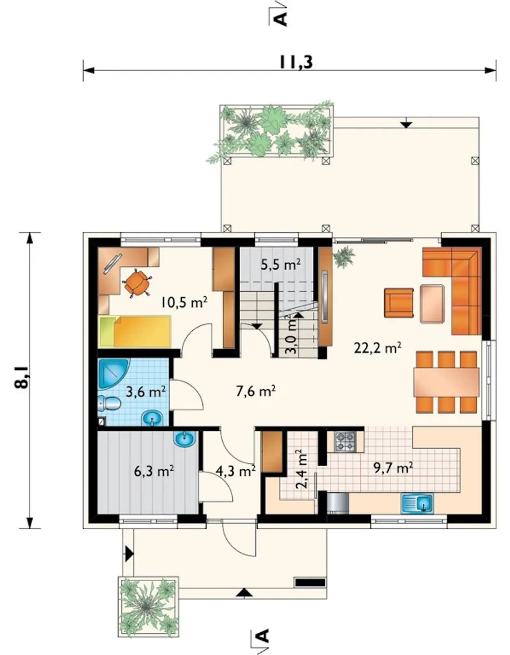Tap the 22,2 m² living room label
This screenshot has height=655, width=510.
377,348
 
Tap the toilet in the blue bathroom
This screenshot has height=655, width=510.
109,403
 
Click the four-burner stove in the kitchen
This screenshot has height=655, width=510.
345,442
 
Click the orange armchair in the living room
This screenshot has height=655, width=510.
398,303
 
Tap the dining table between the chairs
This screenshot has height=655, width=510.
446,382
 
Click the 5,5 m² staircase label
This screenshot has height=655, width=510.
281,265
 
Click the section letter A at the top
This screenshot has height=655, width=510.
280,19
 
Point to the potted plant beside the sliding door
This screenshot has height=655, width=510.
344,257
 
